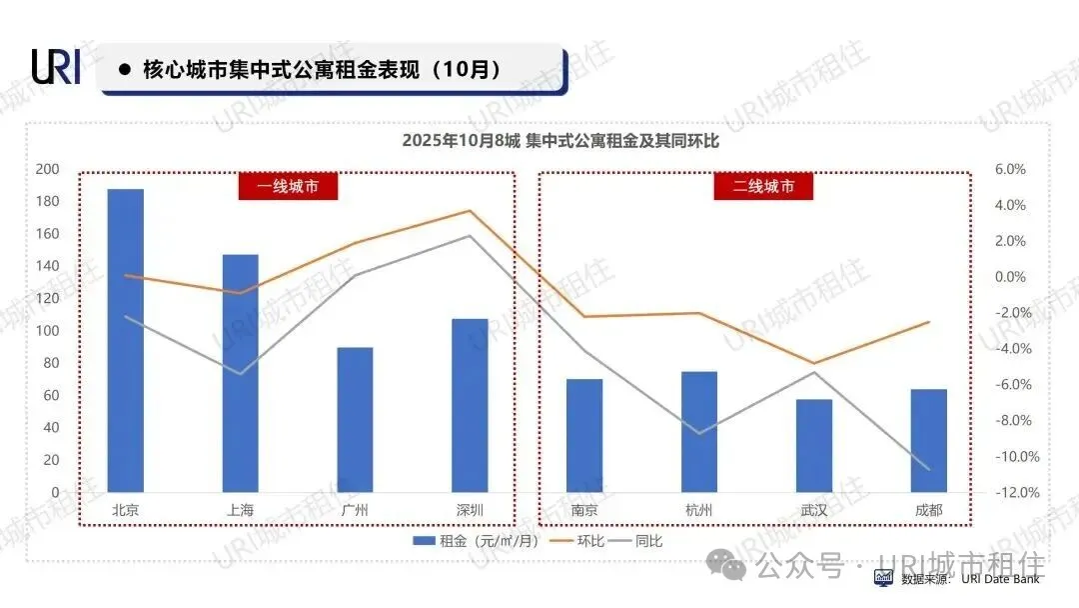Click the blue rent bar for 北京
pos(126,340)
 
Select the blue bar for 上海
pos(240,373)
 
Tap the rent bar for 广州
pos(355,420)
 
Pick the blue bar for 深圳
pos(470,405)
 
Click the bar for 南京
pos(584,435)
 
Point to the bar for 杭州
pos(699,432)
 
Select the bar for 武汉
pos(814,445)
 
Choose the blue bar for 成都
pos(929,440)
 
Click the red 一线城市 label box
pos(288,186)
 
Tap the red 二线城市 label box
pos(763,186)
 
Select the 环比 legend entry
pos(580,541)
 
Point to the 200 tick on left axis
pos(47,169)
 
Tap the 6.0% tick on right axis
pos(1010,169)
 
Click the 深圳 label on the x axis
pos(470,510)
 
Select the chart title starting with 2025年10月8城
pos(560,141)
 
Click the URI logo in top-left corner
pos(56,67)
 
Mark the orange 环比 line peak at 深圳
pos(470,211)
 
